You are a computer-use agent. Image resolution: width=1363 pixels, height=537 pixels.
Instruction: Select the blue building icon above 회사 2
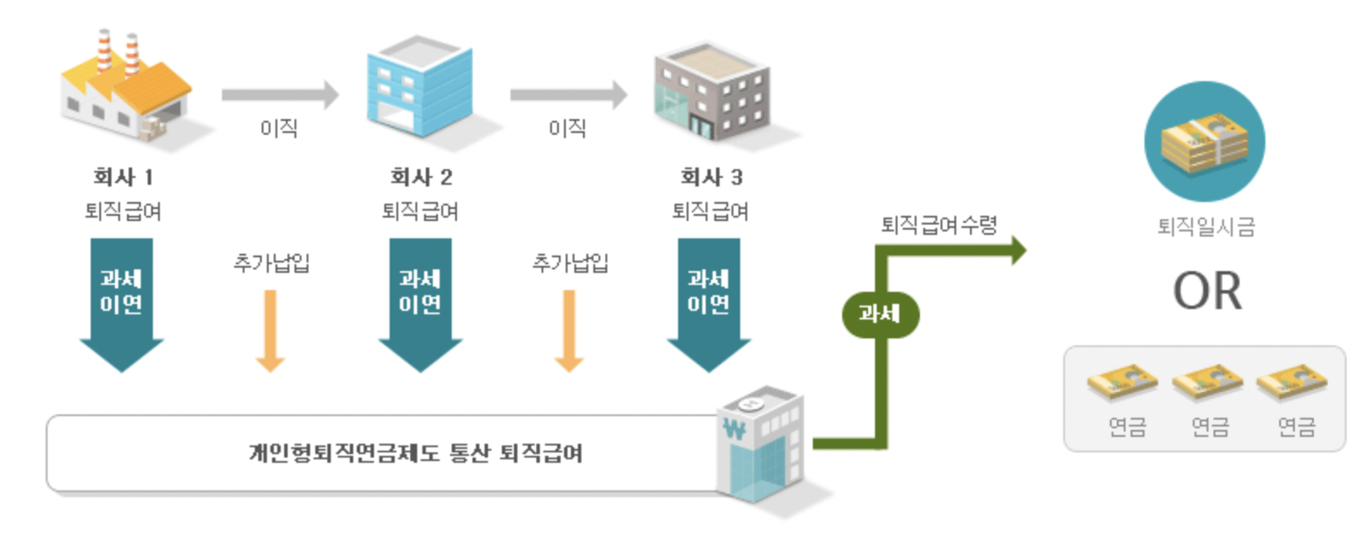[x=419, y=86]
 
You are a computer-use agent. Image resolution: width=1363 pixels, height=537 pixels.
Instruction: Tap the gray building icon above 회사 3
[x=711, y=92]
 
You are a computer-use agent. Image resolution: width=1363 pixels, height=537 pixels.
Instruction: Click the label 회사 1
[x=123, y=177]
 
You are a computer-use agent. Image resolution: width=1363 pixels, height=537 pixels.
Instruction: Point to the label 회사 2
[x=421, y=177]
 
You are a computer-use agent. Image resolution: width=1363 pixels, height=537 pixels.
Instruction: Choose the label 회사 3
[x=711, y=177]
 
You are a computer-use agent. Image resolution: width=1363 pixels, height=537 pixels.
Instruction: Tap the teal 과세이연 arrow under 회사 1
[x=122, y=302]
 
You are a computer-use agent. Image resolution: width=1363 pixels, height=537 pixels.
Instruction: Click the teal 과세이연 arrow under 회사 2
[x=421, y=302]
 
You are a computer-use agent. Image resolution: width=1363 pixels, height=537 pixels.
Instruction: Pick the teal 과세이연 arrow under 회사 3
[x=709, y=302]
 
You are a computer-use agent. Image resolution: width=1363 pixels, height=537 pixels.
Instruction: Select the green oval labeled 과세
[x=880, y=314]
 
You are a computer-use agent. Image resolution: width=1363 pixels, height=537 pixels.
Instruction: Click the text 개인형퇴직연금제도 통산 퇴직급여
[x=415, y=453]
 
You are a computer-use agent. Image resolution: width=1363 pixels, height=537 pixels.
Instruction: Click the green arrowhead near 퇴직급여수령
[x=1017, y=250]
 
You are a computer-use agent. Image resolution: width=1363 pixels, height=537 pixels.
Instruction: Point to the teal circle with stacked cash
[x=1204, y=142]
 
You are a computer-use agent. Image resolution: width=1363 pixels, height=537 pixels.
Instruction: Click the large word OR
[x=1207, y=292]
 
